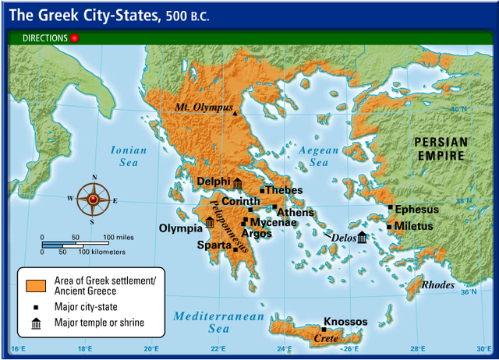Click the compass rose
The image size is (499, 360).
(93, 199)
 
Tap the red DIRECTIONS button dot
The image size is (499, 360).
(75, 37)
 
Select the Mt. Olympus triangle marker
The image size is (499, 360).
(235, 115)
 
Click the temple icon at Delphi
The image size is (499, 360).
(238, 183)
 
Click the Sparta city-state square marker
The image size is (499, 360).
(235, 249)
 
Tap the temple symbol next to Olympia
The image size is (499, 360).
(210, 223)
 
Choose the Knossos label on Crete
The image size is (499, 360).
(345, 322)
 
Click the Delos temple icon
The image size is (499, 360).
(362, 237)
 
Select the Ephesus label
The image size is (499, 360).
(417, 210)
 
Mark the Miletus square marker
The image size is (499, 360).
(389, 227)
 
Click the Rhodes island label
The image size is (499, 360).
(437, 285)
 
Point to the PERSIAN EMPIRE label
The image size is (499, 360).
(441, 149)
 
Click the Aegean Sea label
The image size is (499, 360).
(319, 157)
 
